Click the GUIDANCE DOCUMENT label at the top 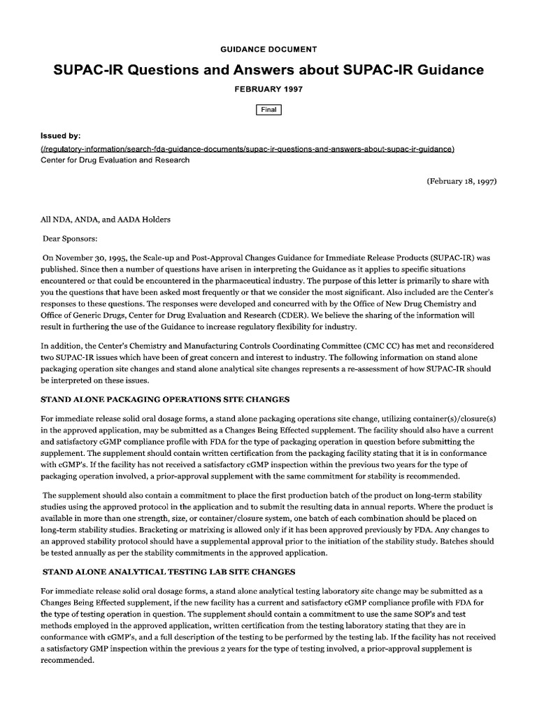coord(268,50)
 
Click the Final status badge coord(268,110)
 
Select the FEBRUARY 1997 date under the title coord(268,91)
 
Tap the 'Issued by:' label coord(61,136)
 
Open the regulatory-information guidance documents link coord(248,149)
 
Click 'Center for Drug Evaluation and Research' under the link coord(115,160)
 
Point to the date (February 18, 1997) coord(461,180)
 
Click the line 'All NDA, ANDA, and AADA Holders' coord(106,219)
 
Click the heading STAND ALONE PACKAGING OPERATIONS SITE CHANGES coord(165,400)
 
